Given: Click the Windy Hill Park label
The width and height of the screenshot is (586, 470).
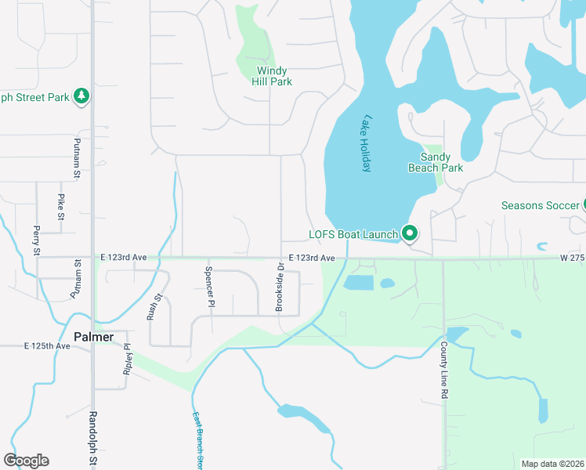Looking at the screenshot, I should click(274, 76).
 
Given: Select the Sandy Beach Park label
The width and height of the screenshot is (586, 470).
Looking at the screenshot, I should click(436, 162).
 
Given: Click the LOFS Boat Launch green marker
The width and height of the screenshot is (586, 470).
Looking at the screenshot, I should click(409, 233).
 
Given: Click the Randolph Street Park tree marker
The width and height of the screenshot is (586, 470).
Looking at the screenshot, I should click(81, 96).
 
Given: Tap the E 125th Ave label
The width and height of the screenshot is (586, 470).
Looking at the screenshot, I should click(46, 345).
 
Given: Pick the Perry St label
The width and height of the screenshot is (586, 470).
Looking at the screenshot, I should click(36, 240).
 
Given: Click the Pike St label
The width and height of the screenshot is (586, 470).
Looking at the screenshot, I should click(60, 206).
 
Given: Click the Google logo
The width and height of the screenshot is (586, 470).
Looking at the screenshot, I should click(26, 460).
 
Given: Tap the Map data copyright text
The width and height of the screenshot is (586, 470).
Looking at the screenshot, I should click(552, 464).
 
